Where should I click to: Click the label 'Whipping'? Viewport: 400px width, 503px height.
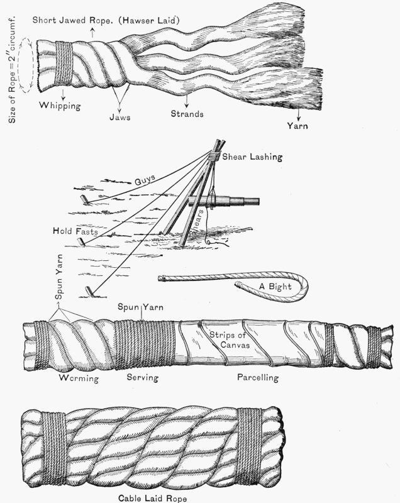click(x=60, y=106)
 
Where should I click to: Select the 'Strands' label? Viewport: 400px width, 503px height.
click(x=187, y=115)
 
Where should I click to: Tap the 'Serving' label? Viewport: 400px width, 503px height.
click(x=143, y=379)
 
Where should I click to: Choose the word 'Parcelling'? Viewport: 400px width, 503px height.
click(x=257, y=379)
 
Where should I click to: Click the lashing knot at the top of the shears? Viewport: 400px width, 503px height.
click(x=215, y=155)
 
